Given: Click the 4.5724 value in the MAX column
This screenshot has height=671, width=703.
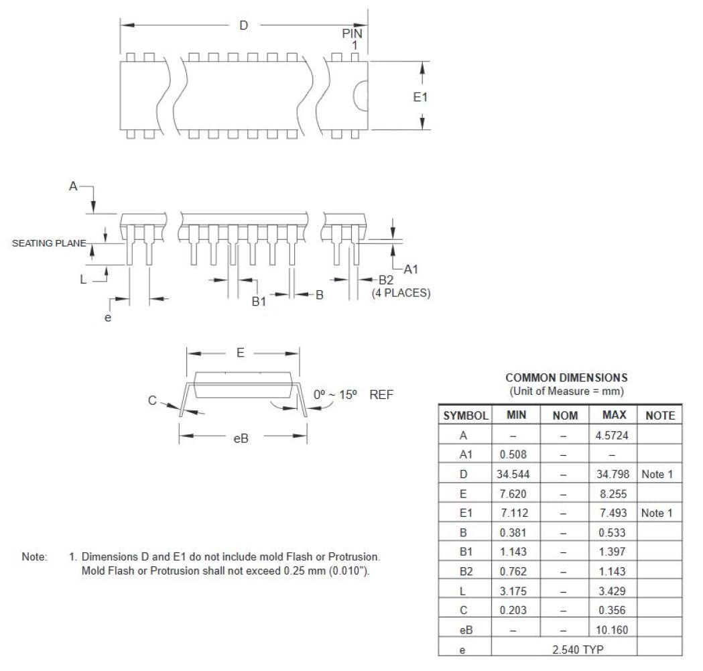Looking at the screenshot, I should click(610, 436).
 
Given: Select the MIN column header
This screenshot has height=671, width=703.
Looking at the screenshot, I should click(516, 416).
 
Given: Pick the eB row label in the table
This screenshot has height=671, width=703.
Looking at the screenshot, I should click(464, 630).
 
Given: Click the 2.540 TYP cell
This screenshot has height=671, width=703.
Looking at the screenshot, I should click(564, 650).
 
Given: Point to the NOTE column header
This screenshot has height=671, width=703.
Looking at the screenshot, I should click(659, 416).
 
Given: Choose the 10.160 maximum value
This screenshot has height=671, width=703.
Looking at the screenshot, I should click(610, 630).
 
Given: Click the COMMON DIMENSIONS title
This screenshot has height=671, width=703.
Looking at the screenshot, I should click(566, 378).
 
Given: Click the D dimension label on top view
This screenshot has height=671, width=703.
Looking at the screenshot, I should click(244, 25).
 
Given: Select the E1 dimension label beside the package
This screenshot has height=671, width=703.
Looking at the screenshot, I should click(420, 97).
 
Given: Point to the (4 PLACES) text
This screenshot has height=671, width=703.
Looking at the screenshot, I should click(401, 293).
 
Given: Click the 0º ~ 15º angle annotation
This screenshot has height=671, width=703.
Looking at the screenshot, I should click(338, 395).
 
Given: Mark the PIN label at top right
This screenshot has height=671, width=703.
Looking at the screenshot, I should click(353, 33).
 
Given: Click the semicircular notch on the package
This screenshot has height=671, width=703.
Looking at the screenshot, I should click(362, 95).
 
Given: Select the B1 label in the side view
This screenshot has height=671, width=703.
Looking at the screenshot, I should click(259, 302).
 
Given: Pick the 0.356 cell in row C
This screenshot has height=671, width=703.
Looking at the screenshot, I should click(610, 611).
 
